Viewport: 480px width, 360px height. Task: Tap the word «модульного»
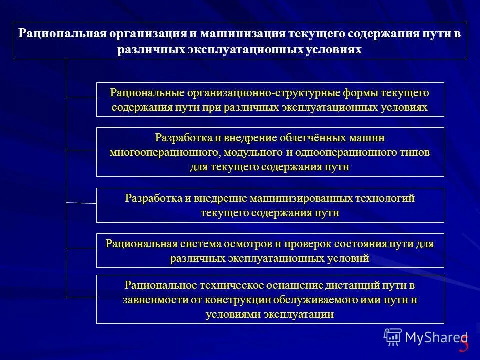click(x=253, y=152)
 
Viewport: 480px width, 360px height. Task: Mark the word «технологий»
click(x=384, y=198)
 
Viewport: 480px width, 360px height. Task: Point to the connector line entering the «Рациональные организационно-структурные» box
click(x=81, y=97)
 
